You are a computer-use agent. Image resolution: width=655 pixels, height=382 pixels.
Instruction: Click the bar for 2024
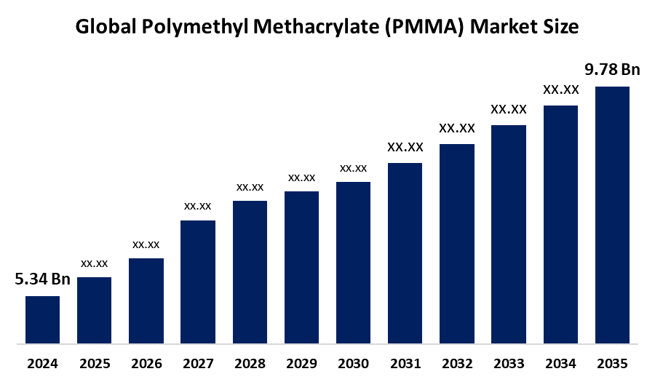(42, 319)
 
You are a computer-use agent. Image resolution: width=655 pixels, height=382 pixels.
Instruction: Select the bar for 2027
(198, 281)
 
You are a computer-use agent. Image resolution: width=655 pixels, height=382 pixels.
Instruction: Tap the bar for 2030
(353, 262)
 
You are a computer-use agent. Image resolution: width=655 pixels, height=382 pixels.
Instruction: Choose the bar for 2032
(457, 243)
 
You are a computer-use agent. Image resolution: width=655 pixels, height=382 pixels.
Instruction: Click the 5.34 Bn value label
(42, 279)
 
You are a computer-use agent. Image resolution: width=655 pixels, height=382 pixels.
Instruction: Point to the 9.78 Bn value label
(612, 70)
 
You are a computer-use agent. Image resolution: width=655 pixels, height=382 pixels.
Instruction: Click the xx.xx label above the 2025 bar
(95, 263)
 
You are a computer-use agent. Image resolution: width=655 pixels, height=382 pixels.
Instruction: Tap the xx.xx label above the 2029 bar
(301, 178)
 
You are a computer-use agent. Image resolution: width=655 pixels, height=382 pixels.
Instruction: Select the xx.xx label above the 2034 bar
(560, 90)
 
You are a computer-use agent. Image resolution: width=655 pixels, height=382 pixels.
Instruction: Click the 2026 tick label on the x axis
(146, 362)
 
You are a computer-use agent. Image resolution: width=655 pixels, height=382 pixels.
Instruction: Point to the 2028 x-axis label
(250, 362)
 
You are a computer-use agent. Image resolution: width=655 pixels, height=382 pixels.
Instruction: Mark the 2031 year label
(405, 362)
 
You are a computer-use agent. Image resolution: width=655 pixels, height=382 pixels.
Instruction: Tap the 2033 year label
(509, 362)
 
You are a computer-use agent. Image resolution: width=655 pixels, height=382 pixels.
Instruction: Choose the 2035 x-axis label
(612, 362)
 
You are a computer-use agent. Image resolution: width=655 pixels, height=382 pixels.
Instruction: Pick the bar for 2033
(509, 234)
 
